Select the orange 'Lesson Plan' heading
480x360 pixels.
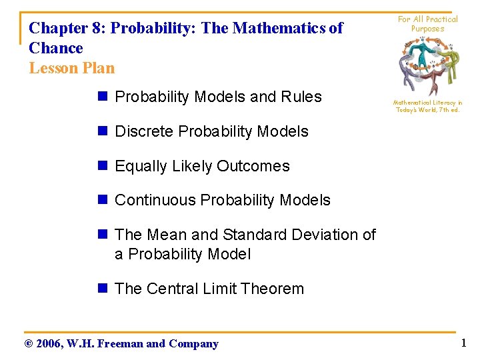[x=72, y=68]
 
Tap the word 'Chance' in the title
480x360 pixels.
[x=56, y=48]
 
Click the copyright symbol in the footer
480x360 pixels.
[x=28, y=344]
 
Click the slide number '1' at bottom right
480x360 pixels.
[x=463, y=343]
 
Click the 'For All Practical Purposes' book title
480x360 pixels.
[x=427, y=24]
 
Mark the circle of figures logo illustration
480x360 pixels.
[x=427, y=65]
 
